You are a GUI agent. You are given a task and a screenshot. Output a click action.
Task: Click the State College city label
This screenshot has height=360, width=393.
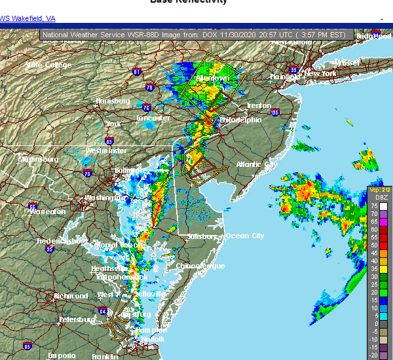pos(48,65)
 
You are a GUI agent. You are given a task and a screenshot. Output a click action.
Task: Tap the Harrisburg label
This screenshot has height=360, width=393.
pos(111,101)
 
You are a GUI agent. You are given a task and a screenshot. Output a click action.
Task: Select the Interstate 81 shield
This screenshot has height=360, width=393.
pos(136,72)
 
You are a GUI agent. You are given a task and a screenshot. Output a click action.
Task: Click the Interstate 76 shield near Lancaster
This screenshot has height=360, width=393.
pos(146,108)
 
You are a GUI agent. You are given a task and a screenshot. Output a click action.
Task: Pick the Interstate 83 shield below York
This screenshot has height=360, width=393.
pos(109,141)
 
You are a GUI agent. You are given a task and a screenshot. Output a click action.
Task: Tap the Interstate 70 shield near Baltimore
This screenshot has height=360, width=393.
pos(88,173)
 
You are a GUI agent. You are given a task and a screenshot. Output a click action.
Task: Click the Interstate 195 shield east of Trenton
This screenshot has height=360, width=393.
pos(274,113)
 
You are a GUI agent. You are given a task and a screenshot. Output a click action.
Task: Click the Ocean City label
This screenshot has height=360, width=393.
pos(244,236)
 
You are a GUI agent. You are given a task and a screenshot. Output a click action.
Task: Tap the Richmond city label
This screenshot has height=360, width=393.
pos(71,296)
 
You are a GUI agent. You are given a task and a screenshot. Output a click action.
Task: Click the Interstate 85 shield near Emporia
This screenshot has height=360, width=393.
pos(27,345)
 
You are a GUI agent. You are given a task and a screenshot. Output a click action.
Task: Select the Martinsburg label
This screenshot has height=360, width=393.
pos(38,159)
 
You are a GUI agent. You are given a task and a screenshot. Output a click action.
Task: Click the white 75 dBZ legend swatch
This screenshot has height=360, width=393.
pos(374,205)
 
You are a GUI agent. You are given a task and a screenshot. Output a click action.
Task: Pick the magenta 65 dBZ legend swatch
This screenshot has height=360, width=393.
pos(374,221)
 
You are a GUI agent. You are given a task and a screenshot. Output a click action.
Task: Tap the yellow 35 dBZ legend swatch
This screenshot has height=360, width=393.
pos(374,268)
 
